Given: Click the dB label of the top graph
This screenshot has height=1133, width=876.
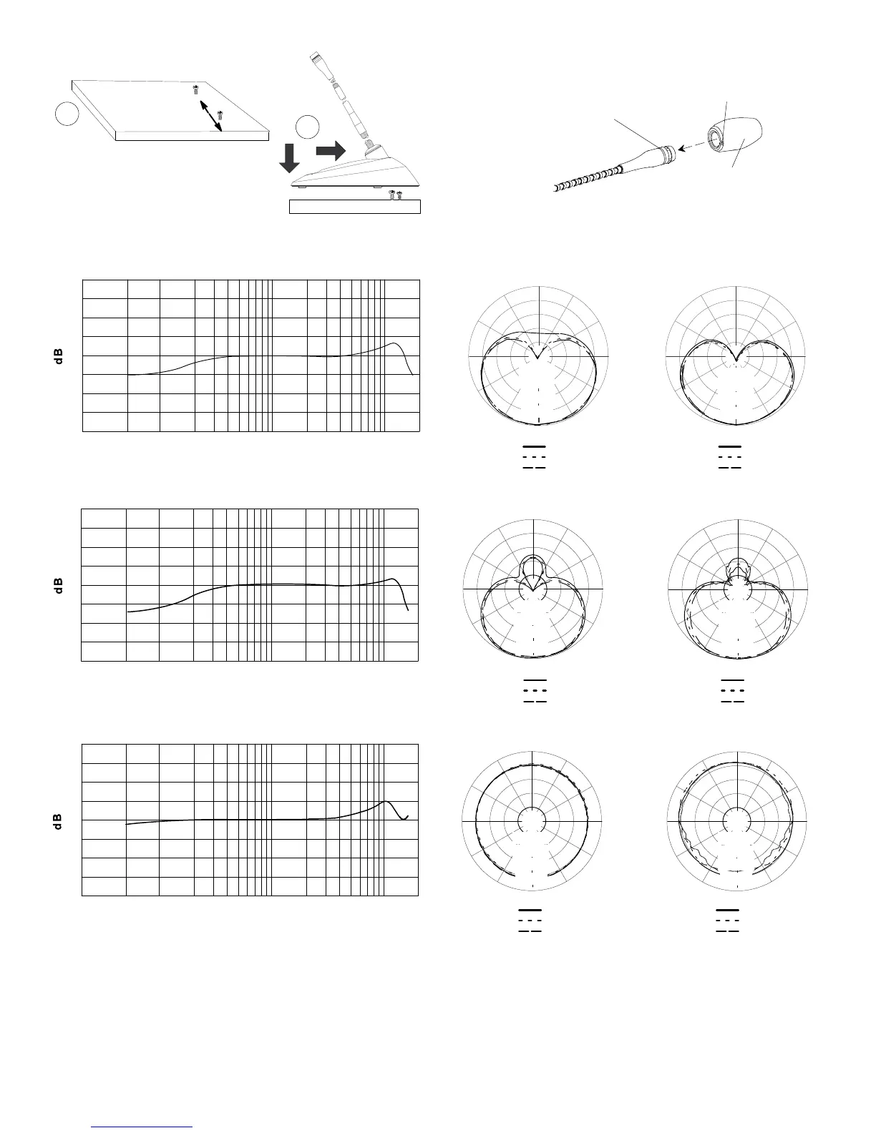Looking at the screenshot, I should (x=59, y=356).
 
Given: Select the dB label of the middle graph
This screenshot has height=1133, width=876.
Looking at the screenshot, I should (x=59, y=585).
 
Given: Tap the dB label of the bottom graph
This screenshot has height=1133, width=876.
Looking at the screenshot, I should (x=59, y=820).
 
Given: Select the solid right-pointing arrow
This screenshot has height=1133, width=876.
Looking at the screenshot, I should (x=330, y=151).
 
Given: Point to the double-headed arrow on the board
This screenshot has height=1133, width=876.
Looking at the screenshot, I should (x=210, y=115).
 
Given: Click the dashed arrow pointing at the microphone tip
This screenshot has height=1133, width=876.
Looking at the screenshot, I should (x=690, y=145).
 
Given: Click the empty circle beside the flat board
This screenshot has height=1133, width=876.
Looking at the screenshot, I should (x=67, y=114).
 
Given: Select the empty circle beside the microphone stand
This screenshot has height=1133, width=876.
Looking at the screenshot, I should (x=308, y=127).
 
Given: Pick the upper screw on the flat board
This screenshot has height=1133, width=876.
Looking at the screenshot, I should (x=195, y=90).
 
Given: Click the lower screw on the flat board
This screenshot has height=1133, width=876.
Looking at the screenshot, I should (x=220, y=113).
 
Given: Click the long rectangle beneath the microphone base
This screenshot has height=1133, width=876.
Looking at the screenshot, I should (x=354, y=207).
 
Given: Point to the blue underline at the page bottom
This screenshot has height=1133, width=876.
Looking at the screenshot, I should (x=142, y=1127).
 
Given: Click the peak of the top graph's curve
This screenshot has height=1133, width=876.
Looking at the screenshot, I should (x=394, y=344).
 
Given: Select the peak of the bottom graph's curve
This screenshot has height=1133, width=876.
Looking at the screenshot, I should (x=386, y=801).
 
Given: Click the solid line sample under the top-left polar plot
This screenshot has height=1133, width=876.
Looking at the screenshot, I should (x=535, y=447).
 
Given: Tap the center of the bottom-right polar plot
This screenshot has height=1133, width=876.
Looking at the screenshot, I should (x=736, y=820).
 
